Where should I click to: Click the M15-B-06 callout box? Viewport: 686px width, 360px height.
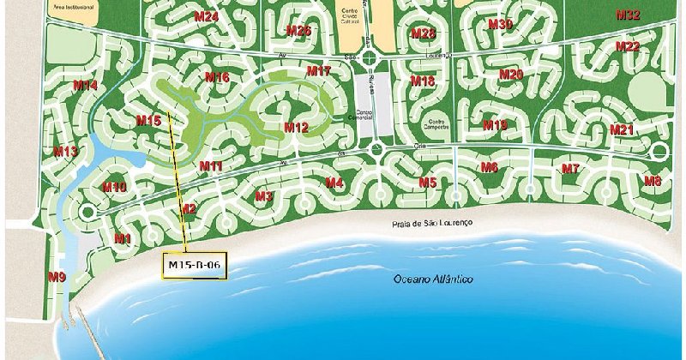(196, 266)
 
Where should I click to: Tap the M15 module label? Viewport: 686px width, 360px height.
(148, 121)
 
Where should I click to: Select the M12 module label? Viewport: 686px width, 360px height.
(296, 128)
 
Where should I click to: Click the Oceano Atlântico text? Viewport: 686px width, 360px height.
(433, 279)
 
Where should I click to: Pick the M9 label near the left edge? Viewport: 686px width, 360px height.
(57, 276)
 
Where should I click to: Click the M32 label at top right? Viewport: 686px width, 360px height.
(628, 15)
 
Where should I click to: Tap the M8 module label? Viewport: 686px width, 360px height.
(653, 181)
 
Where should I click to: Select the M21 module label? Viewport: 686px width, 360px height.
(622, 129)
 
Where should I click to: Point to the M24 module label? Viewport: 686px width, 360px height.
(206, 17)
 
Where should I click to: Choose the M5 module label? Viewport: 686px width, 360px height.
(427, 183)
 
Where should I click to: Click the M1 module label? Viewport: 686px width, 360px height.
(122, 237)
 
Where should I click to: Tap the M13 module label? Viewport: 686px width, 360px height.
(66, 152)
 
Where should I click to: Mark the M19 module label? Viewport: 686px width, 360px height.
(495, 125)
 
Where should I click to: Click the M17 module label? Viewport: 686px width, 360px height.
(318, 70)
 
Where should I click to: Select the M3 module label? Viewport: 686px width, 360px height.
(263, 196)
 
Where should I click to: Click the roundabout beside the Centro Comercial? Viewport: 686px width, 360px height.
(375, 151)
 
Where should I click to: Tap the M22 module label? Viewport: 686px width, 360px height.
(627, 46)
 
